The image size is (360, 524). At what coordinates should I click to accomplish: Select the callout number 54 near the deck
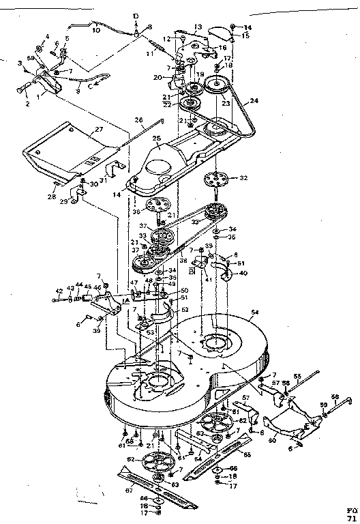[254, 312]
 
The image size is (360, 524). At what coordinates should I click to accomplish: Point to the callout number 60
[273, 441]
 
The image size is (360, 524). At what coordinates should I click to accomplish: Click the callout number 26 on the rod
[139, 120]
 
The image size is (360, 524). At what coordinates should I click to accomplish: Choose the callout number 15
[246, 35]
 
